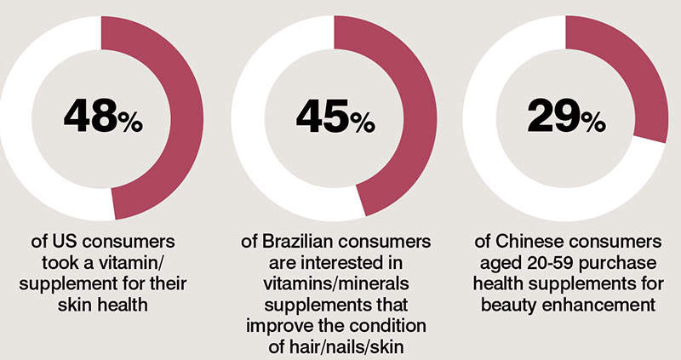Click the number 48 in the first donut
(89, 118)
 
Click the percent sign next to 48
(131, 124)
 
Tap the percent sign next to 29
(593, 124)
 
